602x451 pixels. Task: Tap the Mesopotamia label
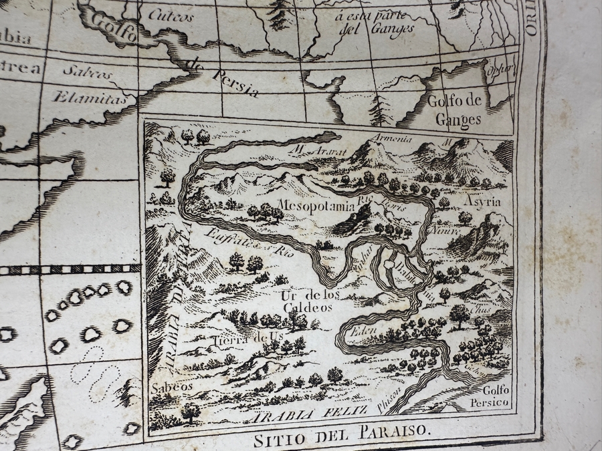pos(316,206)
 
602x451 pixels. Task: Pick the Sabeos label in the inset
pos(171,387)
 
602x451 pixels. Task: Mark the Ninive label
pos(447,231)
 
